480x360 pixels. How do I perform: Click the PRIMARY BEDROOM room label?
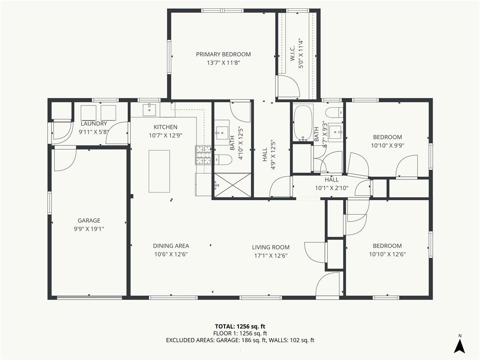coord(223,54)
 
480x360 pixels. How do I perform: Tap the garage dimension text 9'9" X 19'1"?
coord(89,229)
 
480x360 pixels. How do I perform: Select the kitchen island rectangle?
coord(159,171)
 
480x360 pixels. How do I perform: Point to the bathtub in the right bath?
coord(303,123)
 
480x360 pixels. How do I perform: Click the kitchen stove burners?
coord(203,155)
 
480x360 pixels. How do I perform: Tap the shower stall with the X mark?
coord(232,185)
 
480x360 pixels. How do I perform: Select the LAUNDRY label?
coord(94,124)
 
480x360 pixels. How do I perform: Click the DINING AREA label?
coord(171,246)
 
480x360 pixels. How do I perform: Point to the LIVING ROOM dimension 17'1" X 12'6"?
coord(270,255)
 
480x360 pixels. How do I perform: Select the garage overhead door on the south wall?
coord(89,297)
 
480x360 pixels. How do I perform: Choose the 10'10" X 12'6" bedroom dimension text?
coord(387,255)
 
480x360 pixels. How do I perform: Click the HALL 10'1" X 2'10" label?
coord(332,184)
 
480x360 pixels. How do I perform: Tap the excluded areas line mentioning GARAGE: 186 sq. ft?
coord(240,340)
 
